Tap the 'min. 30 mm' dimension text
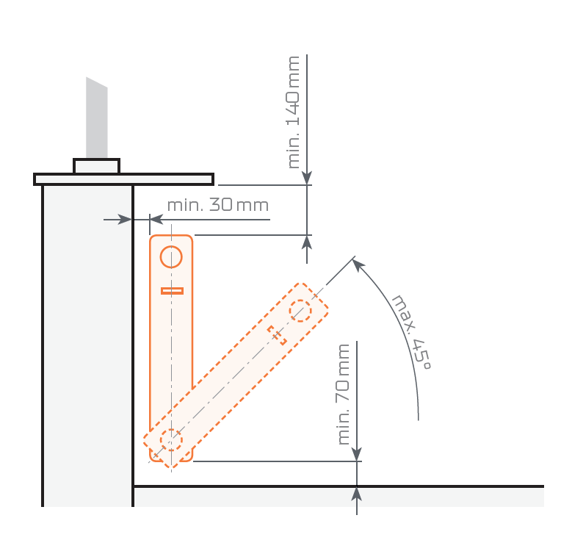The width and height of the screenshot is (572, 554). coord(217,205)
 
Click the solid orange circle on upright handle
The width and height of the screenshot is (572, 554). coord(171,257)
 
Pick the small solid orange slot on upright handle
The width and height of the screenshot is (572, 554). coord(172,291)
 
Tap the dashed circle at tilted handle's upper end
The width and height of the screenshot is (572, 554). coord(300,310)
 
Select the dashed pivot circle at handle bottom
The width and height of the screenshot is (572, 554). coord(171,440)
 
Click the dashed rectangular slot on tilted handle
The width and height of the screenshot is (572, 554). coord(277,335)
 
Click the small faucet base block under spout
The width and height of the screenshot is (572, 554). coord(96,167)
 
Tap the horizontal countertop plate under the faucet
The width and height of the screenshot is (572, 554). coord(123,179)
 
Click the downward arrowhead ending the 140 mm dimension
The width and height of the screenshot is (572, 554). coord(307,179)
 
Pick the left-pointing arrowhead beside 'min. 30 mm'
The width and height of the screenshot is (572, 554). coord(156,219)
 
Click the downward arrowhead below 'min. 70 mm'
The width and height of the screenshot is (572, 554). coord(357,455)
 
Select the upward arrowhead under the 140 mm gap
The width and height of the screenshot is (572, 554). coord(307,242)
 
